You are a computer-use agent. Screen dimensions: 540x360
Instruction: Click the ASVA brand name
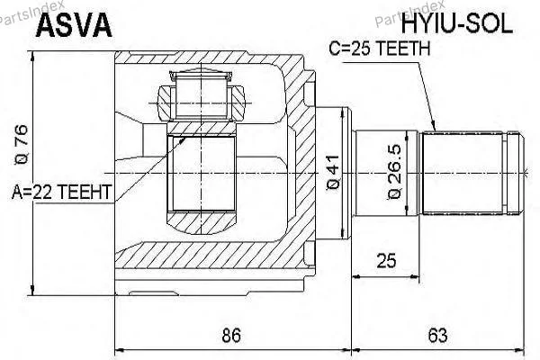[74, 25]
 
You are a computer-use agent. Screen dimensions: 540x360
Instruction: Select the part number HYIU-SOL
[457, 23]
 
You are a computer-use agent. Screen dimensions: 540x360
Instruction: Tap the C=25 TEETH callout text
[380, 49]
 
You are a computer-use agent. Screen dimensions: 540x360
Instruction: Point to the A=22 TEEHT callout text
[61, 192]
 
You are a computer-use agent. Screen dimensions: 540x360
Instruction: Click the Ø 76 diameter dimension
[21, 145]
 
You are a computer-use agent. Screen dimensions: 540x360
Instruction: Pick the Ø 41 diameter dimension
[333, 172]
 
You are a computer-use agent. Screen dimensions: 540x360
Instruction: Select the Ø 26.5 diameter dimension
[394, 172]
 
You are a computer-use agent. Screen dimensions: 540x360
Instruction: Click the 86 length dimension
[231, 335]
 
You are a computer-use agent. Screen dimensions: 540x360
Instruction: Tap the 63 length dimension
[437, 335]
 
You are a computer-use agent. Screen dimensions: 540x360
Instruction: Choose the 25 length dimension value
[386, 261]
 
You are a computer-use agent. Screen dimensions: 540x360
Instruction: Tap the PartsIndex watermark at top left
[31, 13]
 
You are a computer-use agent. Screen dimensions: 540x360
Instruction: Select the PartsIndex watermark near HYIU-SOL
[409, 13]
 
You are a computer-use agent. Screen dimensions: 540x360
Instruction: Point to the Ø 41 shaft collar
[333, 174]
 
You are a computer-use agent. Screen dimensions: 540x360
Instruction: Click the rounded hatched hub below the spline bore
[202, 222]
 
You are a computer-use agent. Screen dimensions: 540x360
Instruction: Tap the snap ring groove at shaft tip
[506, 173]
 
